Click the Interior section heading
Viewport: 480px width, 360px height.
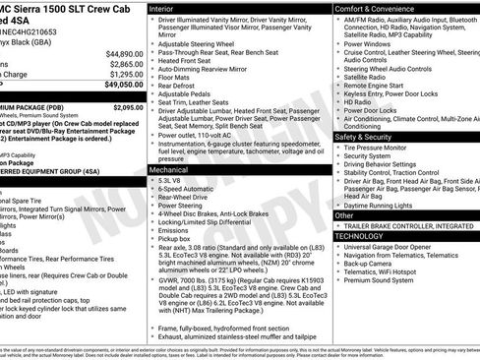[x=162, y=7]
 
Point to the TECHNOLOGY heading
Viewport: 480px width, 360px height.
[x=359, y=236]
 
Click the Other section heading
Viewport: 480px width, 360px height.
[x=345, y=214]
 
